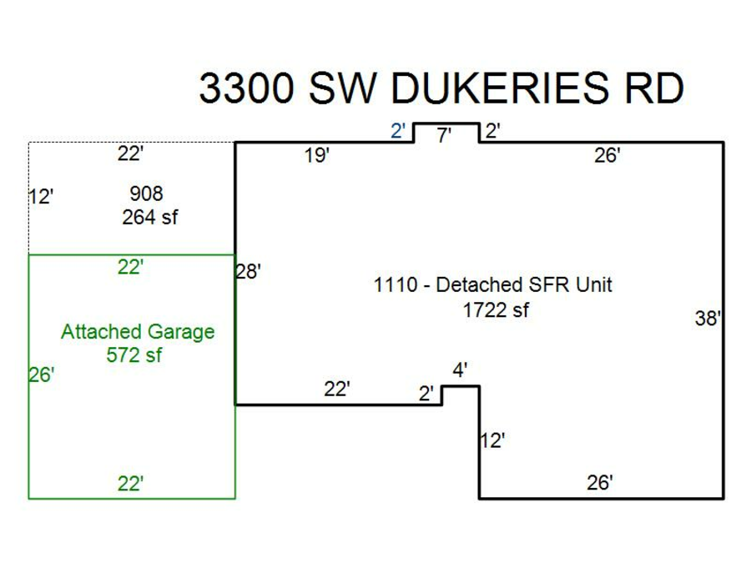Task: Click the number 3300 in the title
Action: tap(246, 88)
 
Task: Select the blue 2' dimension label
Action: tap(399, 131)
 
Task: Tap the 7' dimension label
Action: tap(444, 135)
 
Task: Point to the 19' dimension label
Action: tap(317, 156)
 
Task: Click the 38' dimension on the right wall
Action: tap(708, 319)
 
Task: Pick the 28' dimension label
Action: tap(249, 272)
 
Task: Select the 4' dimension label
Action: tap(459, 369)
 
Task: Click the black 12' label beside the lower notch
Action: tap(492, 440)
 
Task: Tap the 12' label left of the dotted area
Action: tap(41, 198)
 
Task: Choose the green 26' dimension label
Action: tap(41, 375)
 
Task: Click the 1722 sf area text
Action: tap(496, 311)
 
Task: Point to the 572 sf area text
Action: tap(134, 354)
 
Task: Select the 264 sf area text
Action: tap(150, 218)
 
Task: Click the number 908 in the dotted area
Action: tap(146, 194)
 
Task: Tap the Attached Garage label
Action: tap(138, 332)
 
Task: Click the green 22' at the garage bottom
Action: tap(130, 484)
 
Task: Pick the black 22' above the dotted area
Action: tap(130, 153)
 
